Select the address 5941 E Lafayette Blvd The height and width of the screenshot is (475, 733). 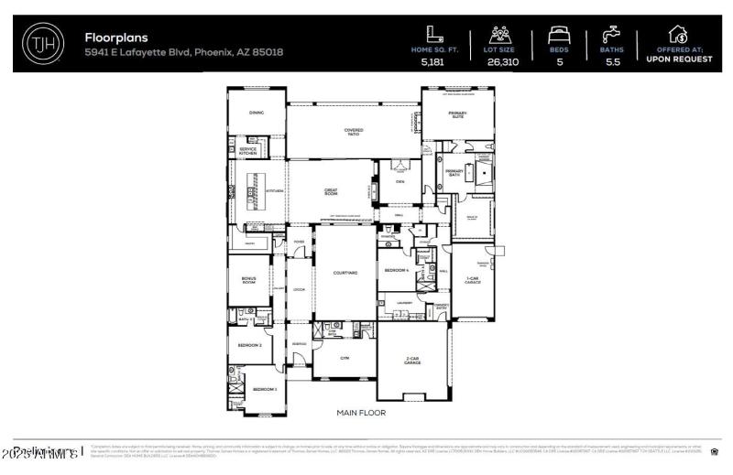[x=184, y=52]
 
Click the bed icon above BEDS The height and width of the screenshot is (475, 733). [x=559, y=35]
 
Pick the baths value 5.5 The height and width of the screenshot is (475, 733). [x=612, y=62]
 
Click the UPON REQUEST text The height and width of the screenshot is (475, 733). [x=679, y=59]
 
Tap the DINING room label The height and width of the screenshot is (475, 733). [x=256, y=113]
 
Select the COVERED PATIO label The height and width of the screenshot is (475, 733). [x=354, y=133]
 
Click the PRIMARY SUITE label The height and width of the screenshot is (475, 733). [x=457, y=114]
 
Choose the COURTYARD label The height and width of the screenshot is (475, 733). [x=345, y=273]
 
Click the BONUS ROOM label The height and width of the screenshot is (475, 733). [x=248, y=281]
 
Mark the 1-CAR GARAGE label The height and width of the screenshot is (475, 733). [x=473, y=280]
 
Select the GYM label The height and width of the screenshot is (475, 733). [x=345, y=358]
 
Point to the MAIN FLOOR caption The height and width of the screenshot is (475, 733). [x=360, y=413]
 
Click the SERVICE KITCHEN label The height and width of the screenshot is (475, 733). [x=248, y=152]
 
